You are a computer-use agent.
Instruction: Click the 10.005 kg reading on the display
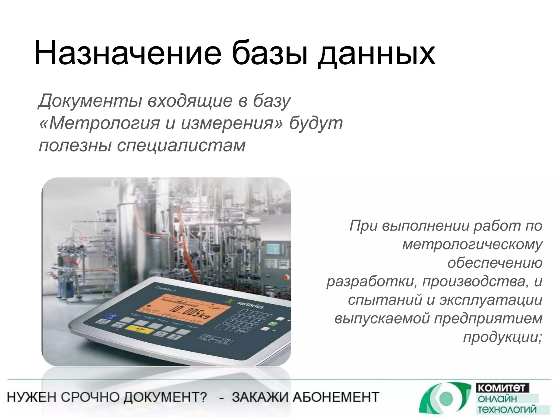190,312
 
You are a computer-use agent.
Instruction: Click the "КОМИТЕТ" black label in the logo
503,388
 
